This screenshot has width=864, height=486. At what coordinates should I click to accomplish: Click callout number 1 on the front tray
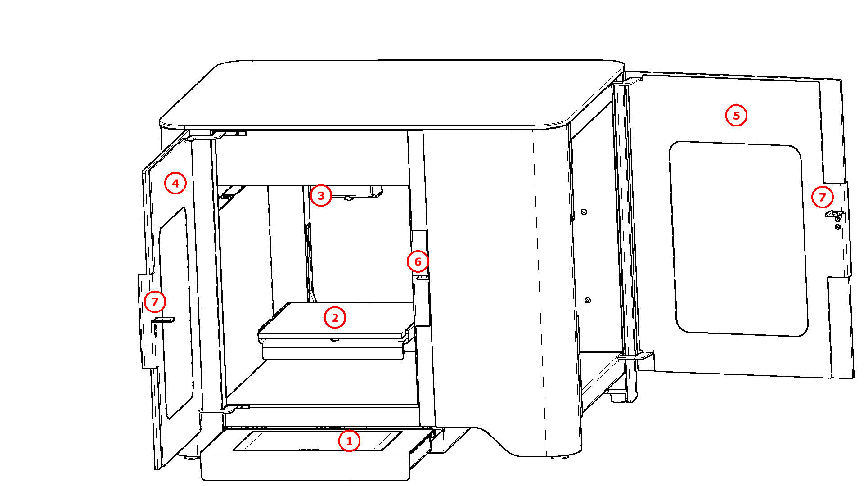pos(349,441)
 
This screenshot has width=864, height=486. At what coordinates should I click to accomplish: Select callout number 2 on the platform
pos(335,318)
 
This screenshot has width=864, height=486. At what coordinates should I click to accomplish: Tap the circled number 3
pos(321,196)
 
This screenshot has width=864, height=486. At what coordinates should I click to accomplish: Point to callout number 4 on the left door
pos(175,183)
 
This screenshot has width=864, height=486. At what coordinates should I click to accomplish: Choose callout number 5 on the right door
pos(736,116)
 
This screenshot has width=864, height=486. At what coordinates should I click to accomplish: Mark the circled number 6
pos(418,261)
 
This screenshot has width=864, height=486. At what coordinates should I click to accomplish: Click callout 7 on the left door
pos(155,301)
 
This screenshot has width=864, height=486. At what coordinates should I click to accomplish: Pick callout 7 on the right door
pos(822,197)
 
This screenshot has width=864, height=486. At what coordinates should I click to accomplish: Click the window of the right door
pos(738,238)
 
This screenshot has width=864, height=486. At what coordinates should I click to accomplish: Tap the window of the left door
pos(175,310)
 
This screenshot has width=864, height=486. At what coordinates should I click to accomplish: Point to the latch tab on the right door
pos(834,213)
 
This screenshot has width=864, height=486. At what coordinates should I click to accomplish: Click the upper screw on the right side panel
pos(584,211)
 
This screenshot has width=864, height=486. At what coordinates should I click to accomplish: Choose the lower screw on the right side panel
pos(588,300)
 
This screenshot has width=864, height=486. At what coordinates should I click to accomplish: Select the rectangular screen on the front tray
pos(317,441)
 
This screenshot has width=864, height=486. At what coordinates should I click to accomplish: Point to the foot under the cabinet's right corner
pos(560,457)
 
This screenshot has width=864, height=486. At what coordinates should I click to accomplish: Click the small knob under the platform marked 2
pos(334,340)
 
